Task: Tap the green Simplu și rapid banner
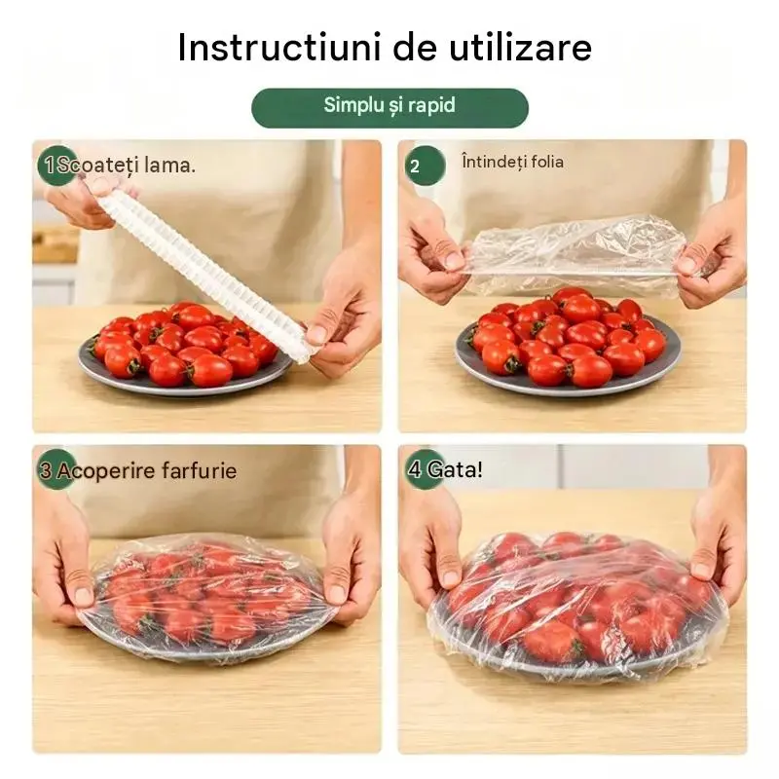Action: coord(389,108)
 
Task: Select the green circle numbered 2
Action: coord(426,166)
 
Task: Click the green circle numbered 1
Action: coord(56,166)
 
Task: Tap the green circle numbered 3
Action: coord(56,469)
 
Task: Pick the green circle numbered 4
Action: coord(426,469)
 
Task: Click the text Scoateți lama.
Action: coord(127,166)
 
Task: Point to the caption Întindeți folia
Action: coord(513,162)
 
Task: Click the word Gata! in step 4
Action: coord(454,469)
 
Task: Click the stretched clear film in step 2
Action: coord(576,253)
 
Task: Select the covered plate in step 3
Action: coord(207,595)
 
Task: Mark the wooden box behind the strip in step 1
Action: coord(55,244)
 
